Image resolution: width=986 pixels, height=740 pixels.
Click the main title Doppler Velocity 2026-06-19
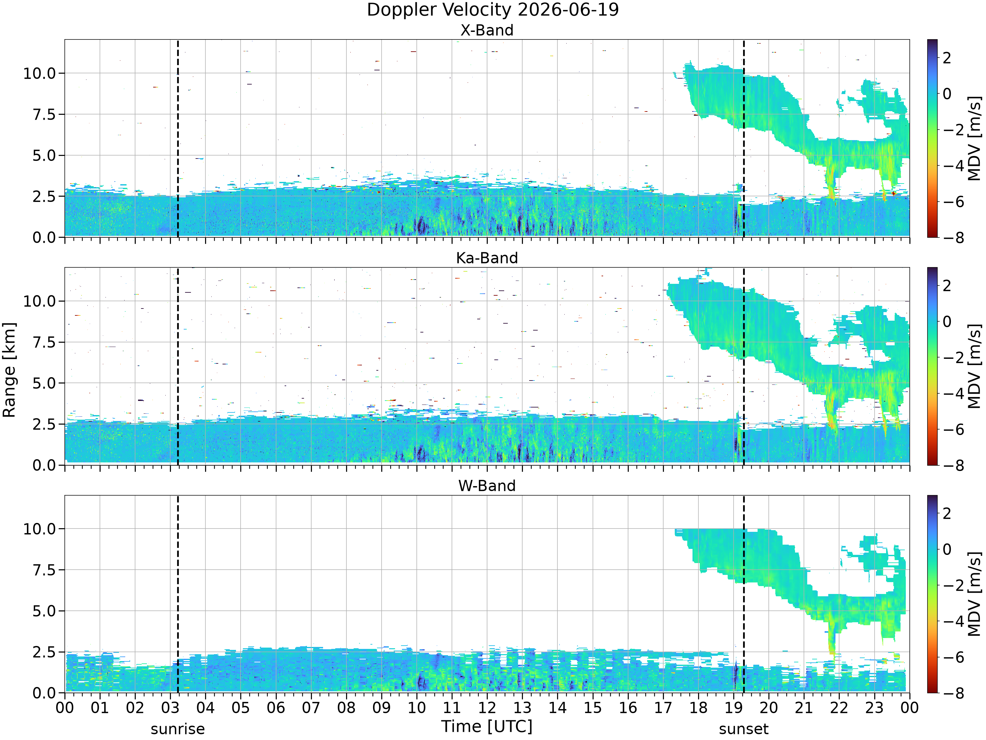(x=493, y=10)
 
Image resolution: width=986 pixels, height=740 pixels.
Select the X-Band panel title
(x=487, y=30)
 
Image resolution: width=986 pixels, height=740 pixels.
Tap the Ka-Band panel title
(x=487, y=258)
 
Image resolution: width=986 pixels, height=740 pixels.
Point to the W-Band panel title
(x=487, y=485)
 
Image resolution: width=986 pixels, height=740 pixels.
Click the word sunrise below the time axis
(x=178, y=729)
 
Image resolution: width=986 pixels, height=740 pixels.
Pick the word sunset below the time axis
(x=743, y=729)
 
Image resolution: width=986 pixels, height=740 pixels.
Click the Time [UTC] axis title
(x=487, y=727)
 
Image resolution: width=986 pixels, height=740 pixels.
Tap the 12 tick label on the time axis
(x=487, y=708)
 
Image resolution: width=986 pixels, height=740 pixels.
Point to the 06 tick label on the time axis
(x=275, y=708)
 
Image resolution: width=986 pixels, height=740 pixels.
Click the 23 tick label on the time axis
(x=874, y=708)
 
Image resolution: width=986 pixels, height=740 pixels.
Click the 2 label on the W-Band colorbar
(x=947, y=513)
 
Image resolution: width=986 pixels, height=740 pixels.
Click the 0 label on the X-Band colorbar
(x=947, y=94)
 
